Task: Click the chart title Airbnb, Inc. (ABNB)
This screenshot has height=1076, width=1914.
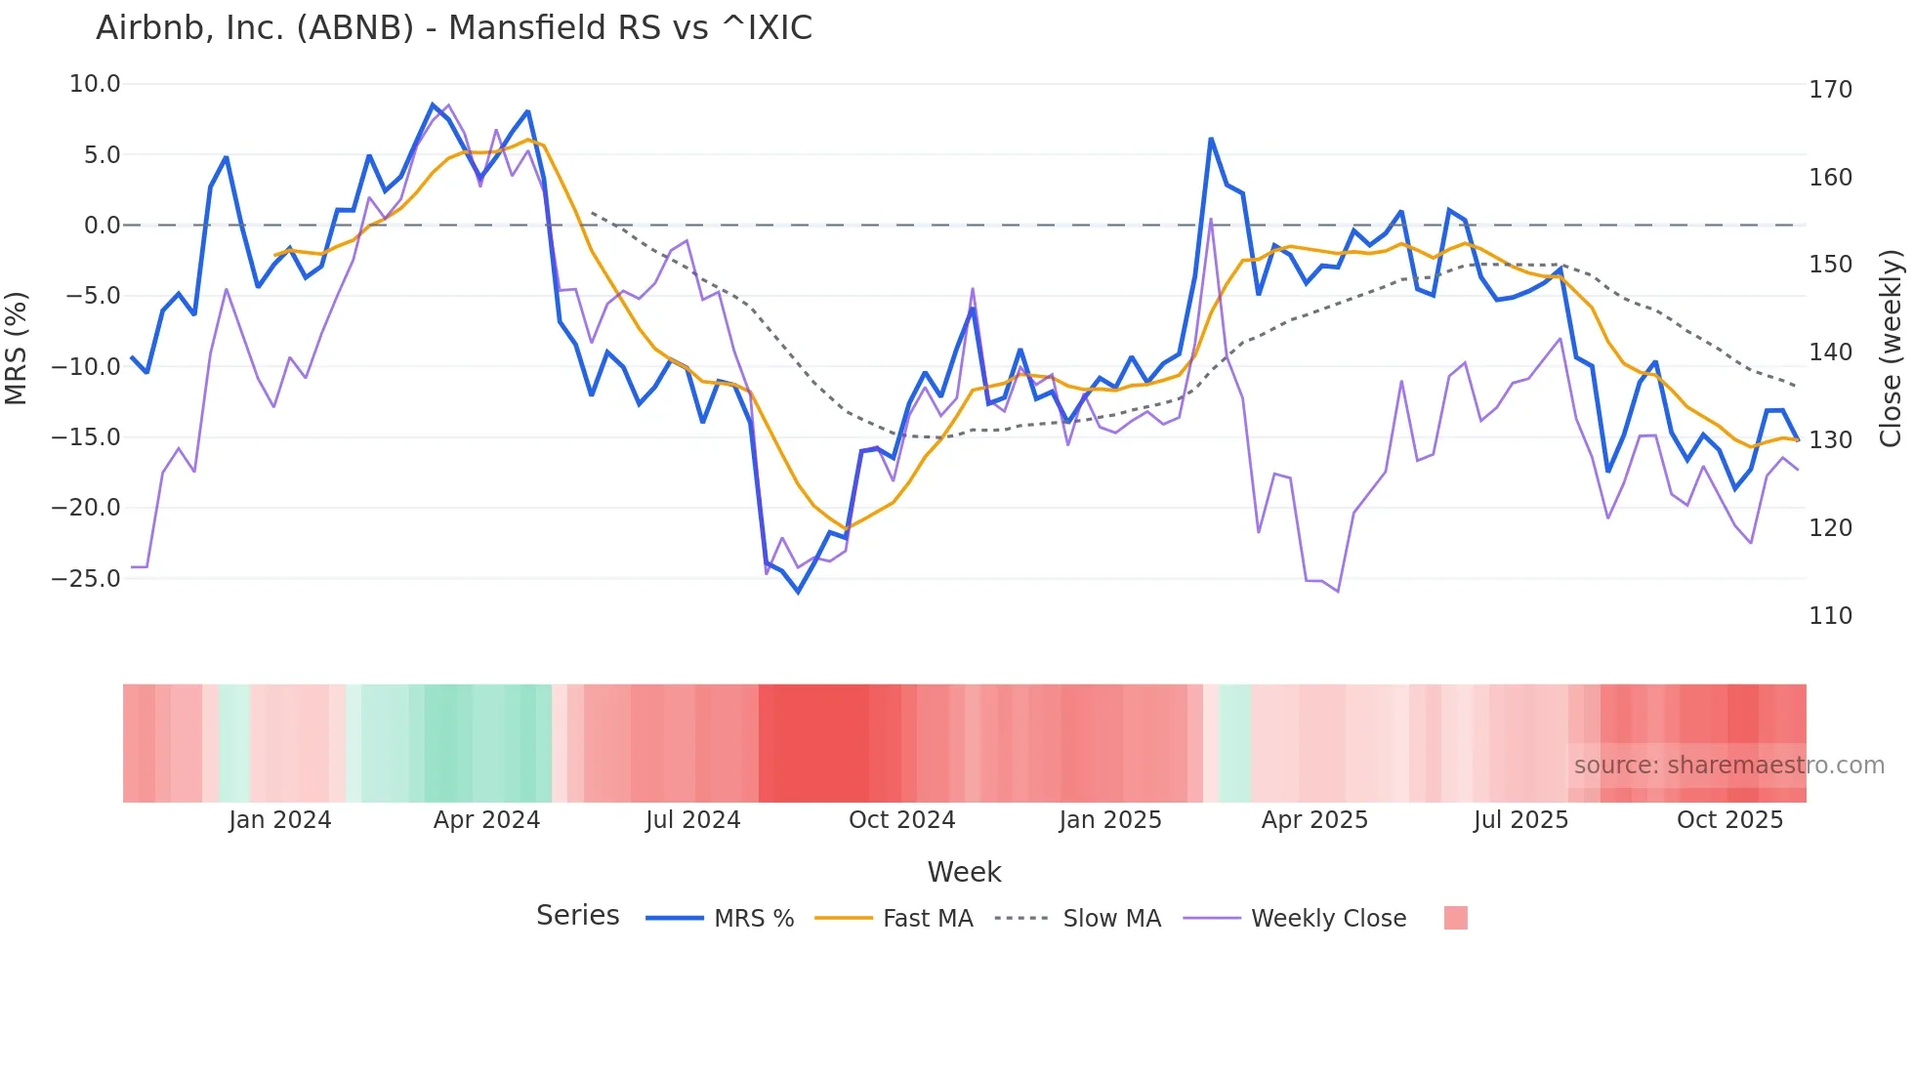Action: [x=453, y=28]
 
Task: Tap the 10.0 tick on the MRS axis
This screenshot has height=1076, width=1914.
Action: [x=95, y=84]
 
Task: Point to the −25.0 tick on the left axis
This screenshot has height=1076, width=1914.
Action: [x=86, y=578]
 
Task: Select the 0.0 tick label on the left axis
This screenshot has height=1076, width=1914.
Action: [x=102, y=226]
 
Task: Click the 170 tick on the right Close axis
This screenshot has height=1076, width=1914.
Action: [x=1830, y=90]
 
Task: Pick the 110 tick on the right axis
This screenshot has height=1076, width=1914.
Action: [x=1830, y=616]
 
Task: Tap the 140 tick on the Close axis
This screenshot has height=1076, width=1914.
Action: [x=1830, y=352]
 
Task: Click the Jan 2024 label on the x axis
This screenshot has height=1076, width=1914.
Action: [x=280, y=820]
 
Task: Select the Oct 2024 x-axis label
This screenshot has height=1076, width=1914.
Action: [x=901, y=820]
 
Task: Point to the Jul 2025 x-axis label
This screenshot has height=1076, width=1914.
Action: [x=1520, y=820]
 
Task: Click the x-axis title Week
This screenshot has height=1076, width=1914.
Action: [x=964, y=872]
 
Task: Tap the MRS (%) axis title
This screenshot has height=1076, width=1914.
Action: [x=17, y=348]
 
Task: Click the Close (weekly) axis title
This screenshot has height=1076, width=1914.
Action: [x=1892, y=348]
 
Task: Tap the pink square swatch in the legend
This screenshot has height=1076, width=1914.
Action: [x=1455, y=918]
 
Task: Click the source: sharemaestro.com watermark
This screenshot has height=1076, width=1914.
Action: [x=1728, y=766]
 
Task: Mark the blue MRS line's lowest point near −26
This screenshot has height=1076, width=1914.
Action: [x=798, y=592]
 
